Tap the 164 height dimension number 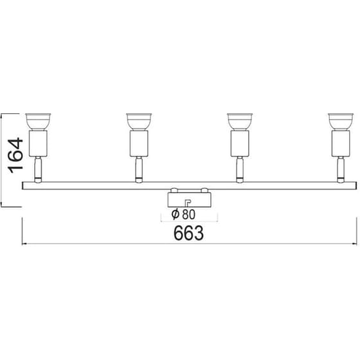point(16,153)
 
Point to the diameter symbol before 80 point(175,215)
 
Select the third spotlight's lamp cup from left point(240,120)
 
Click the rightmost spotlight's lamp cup point(341,120)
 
